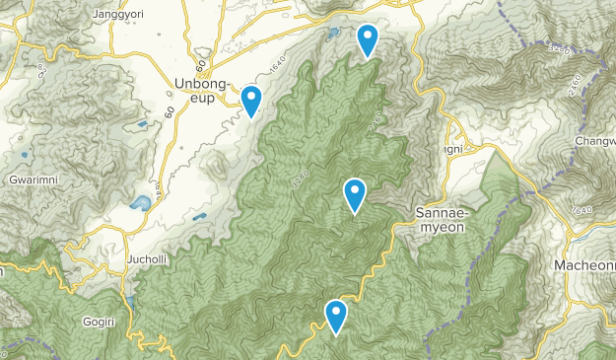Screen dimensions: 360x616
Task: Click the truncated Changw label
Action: [x=594, y=141]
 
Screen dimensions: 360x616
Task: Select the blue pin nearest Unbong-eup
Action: [x=251, y=101]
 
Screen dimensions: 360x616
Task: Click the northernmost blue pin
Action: [x=368, y=39]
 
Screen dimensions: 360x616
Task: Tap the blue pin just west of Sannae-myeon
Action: [x=355, y=194]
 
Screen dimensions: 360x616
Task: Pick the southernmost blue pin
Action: [x=336, y=316]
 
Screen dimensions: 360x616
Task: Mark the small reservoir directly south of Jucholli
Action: [x=129, y=301]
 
